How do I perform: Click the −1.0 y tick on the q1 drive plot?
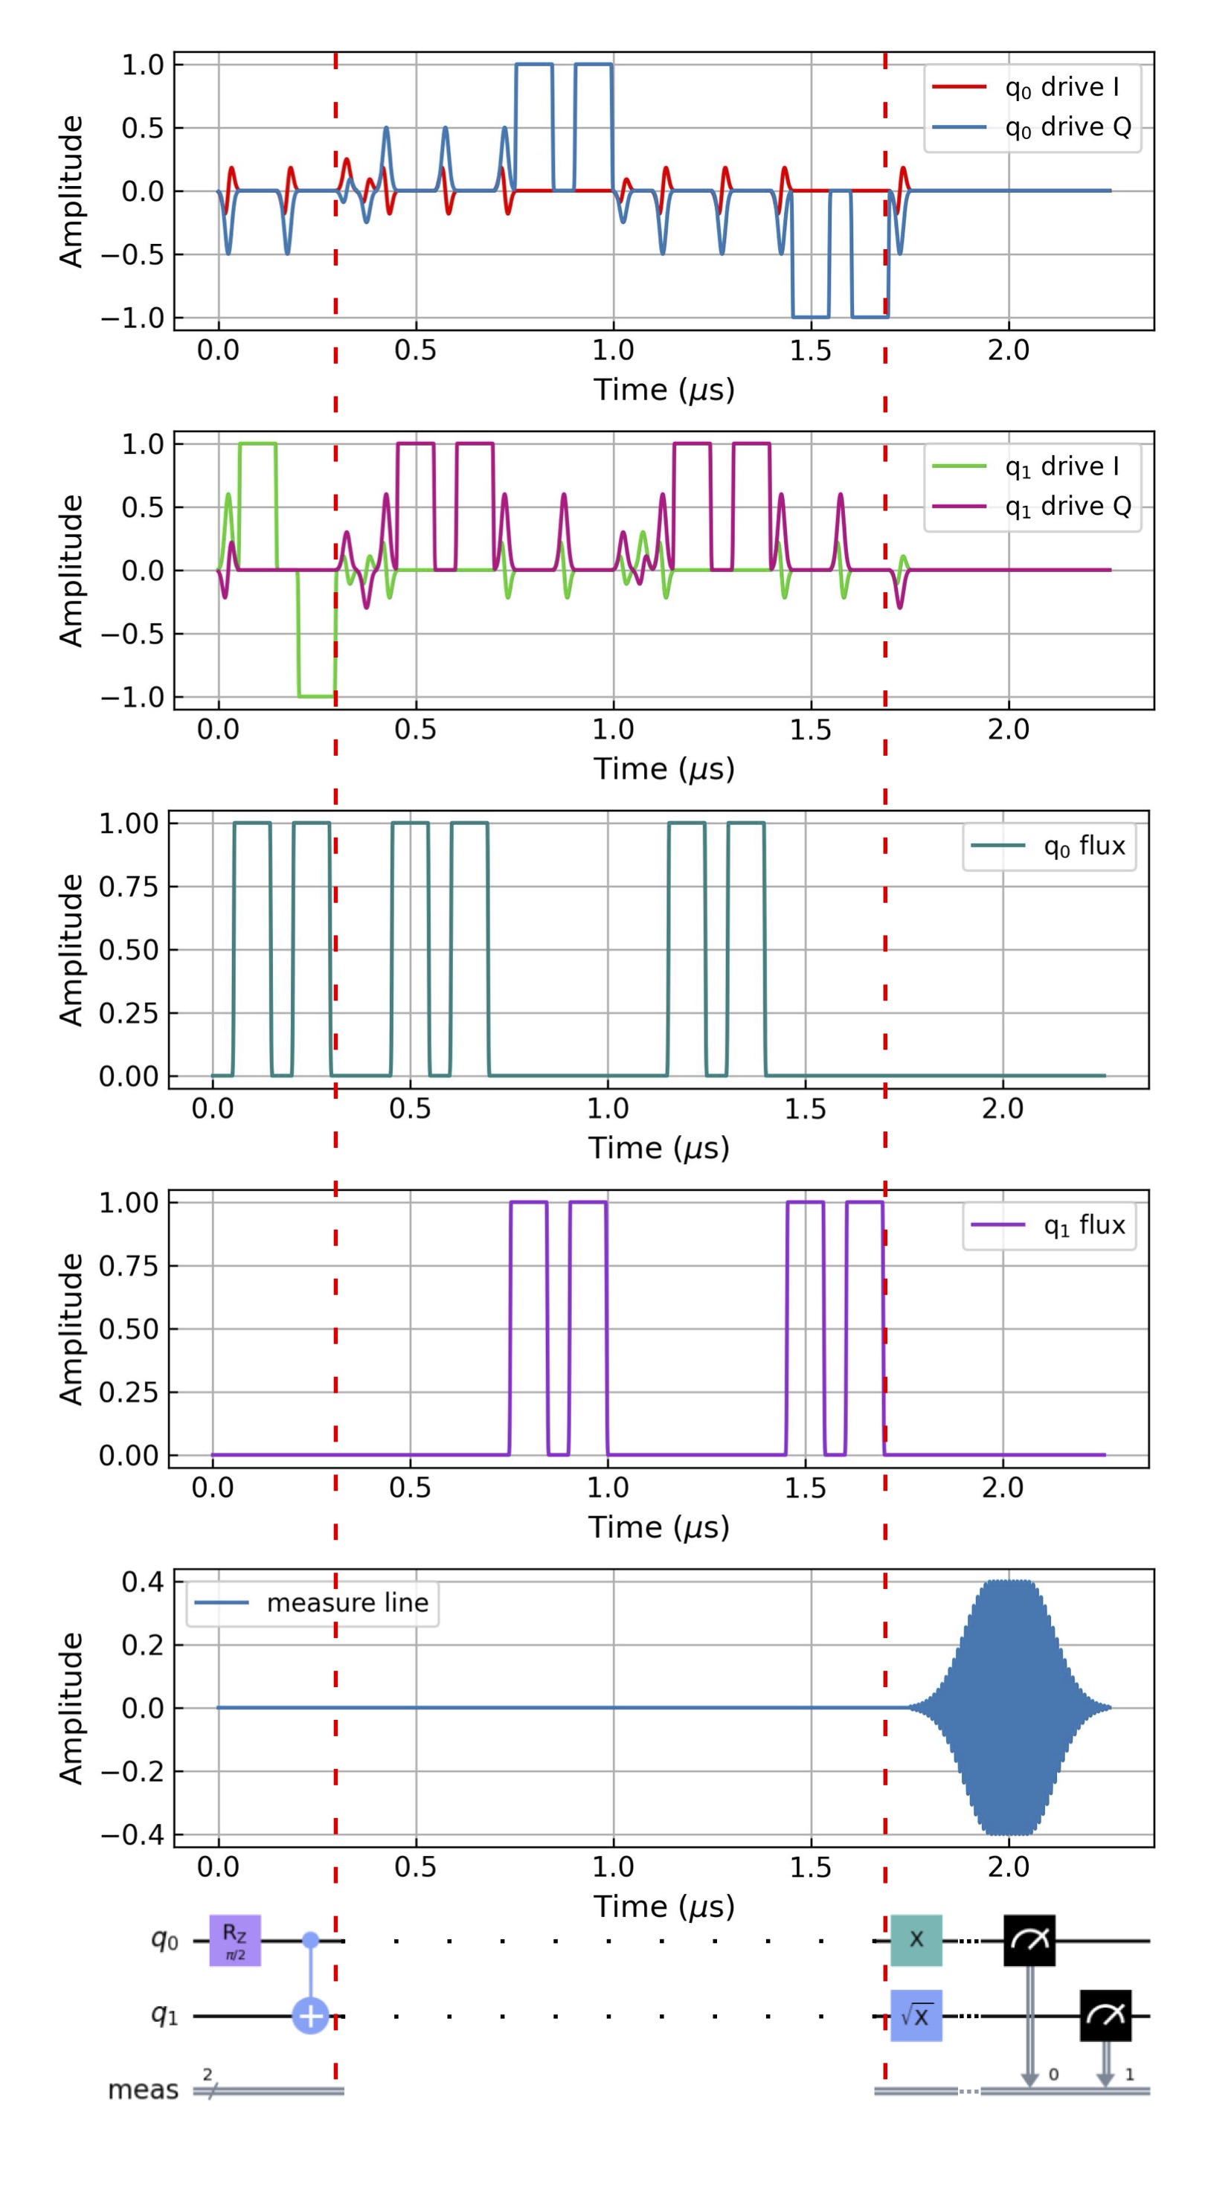click(x=132, y=697)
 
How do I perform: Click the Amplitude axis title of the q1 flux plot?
click(x=71, y=1329)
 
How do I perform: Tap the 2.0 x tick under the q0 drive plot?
click(x=1008, y=350)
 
